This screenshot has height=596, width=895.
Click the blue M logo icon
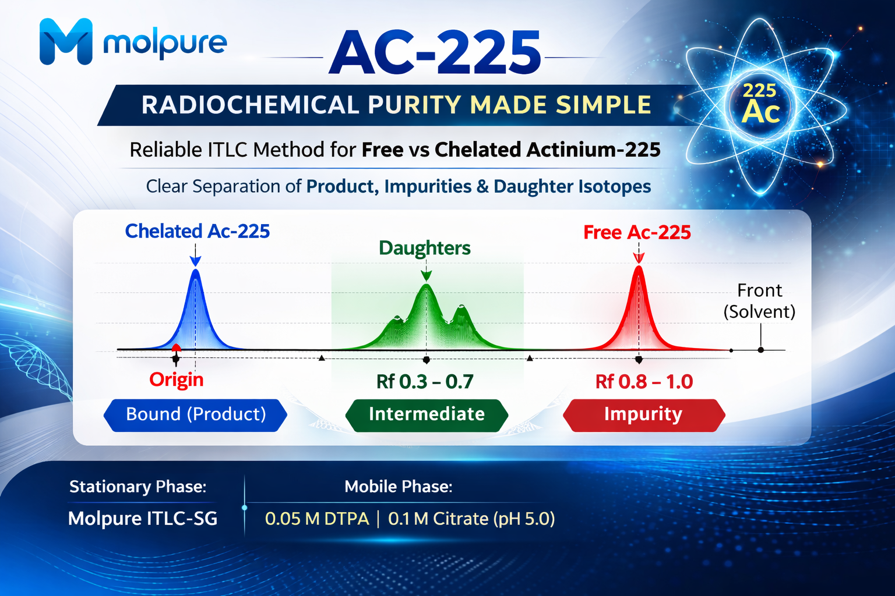click(66, 41)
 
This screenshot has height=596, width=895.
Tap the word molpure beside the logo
click(165, 43)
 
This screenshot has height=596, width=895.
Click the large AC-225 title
click(434, 52)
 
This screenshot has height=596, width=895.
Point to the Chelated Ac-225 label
click(198, 231)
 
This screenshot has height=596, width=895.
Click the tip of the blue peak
click(195, 269)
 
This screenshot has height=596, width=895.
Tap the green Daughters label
click(424, 248)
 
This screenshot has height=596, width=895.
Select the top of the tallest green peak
click(427, 284)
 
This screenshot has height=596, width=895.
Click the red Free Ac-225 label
click(637, 232)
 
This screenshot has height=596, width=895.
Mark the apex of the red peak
click(639, 266)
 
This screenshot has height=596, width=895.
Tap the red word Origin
click(176, 379)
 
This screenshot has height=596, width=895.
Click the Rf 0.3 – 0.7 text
click(425, 382)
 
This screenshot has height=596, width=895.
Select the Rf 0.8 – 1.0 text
click(644, 382)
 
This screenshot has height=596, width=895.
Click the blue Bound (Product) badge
click(195, 415)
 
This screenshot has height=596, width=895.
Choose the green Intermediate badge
click(427, 415)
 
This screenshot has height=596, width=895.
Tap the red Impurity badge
click(644, 415)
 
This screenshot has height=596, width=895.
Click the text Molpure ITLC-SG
click(143, 519)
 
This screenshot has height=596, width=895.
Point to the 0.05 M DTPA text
click(317, 519)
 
